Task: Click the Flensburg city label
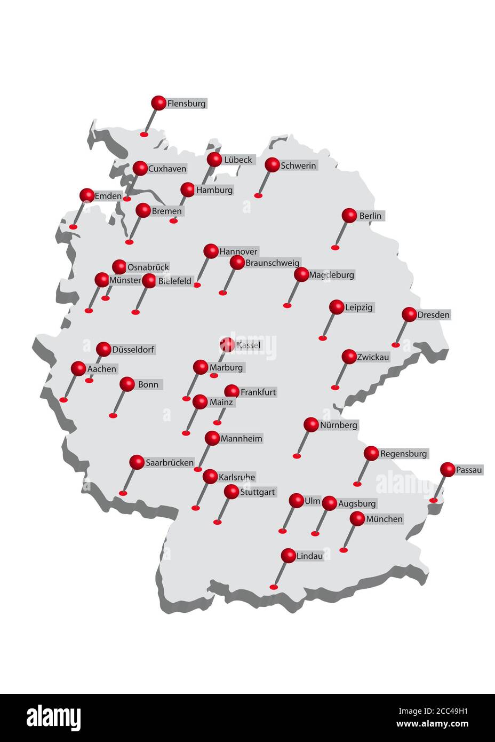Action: (186, 104)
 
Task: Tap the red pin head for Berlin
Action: (349, 216)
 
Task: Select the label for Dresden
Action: (433, 315)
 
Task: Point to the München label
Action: (384, 519)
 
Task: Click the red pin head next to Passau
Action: (448, 470)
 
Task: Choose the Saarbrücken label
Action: (170, 463)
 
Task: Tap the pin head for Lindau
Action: (288, 556)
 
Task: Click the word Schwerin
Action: (298, 166)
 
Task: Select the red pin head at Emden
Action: (87, 195)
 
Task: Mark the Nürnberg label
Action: (338, 425)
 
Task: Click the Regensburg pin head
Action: (371, 454)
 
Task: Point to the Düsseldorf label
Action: (133, 350)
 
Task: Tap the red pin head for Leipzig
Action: (337, 307)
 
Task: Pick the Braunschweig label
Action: (272, 263)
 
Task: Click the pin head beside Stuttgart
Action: (231, 492)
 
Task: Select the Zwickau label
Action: (373, 357)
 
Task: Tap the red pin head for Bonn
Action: (127, 384)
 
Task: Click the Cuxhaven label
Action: (167, 169)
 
